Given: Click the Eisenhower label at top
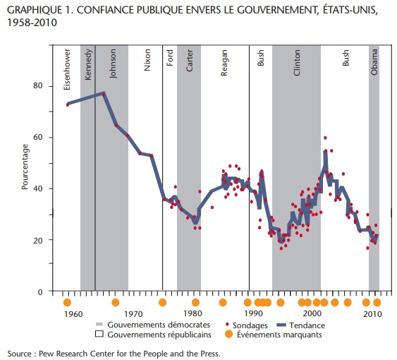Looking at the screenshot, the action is coord(67,69).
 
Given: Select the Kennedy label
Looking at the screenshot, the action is coord(88,64).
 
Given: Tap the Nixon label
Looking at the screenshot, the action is coord(147,60).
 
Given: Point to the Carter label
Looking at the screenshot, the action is coord(190,60).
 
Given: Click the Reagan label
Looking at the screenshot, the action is coord(224,63).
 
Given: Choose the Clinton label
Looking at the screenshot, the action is coord(296,62).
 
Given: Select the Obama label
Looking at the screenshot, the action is coord(374,62).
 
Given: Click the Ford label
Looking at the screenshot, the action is coord(170,58).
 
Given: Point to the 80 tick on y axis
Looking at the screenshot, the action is coord(37,85).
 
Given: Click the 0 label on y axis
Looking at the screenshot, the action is coord(40,292).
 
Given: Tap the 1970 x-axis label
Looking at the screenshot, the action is coord(133,314).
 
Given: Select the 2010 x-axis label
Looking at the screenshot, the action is coord(372,314).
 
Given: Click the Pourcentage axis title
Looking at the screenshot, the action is coord(25,167).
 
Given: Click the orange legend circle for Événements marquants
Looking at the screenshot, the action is coord(228,335).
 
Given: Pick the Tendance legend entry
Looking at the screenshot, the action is coord(300,325).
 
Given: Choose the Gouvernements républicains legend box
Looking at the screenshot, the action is coord(99,334).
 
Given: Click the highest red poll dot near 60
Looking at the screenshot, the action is coord(325,138).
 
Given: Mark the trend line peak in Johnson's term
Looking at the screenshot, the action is coord(103,93).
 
